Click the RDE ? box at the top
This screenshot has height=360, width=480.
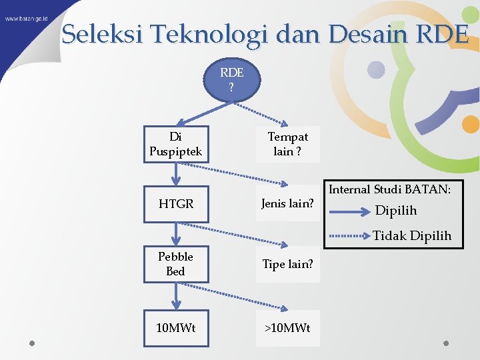point(231,81)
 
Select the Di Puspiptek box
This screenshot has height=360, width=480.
point(176,144)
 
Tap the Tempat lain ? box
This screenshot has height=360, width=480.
point(287,144)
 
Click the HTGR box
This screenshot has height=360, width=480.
point(176,203)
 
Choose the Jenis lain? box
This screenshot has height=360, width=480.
point(287,203)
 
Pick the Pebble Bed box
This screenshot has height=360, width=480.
point(176,263)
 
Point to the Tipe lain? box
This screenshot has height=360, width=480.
point(287,264)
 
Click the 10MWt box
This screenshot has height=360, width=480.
point(176,328)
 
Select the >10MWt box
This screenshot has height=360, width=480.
point(287,328)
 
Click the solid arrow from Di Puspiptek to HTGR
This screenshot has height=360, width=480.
point(176,173)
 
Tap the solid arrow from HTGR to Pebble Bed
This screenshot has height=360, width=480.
point(176,233)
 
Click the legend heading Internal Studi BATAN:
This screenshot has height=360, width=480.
point(390,190)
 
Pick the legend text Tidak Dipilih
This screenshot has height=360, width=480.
point(412,235)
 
